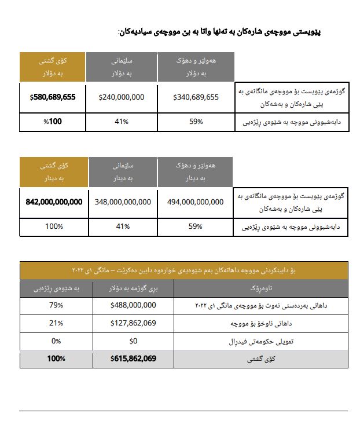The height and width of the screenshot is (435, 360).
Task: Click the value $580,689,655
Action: click(53, 97)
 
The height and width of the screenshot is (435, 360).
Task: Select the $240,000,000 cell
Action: click(122, 97)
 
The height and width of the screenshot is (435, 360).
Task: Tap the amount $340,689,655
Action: click(196, 97)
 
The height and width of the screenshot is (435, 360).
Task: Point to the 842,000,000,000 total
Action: click(54, 202)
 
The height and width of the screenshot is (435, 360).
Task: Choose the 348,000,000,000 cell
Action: click(122, 202)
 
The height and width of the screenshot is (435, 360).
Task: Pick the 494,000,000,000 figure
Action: click(195, 202)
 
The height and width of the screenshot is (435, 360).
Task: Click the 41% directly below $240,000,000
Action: click(122, 122)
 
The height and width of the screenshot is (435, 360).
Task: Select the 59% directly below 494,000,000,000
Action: click(196, 226)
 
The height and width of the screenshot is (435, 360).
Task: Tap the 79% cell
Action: click(56, 305)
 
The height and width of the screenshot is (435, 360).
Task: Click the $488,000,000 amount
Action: click(133, 305)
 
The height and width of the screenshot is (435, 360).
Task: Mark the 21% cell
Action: click(56, 323)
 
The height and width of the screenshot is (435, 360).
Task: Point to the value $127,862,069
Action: click(133, 323)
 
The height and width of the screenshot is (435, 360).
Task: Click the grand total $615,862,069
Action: click(133, 359)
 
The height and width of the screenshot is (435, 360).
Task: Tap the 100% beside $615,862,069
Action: click(56, 359)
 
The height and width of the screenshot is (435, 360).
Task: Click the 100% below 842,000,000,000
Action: click(54, 226)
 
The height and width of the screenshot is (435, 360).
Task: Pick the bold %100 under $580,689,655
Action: click(53, 122)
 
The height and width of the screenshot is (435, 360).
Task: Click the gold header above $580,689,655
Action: click(53, 67)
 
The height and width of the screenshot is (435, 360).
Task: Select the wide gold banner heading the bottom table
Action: click(184, 270)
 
